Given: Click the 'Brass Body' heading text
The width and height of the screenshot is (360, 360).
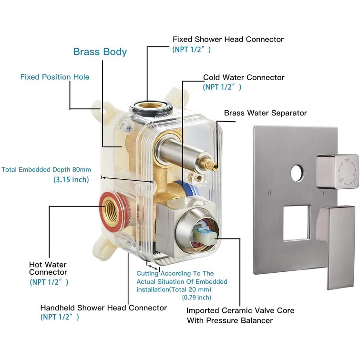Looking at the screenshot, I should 100,51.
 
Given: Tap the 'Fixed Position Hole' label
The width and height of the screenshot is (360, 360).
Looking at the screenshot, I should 54,77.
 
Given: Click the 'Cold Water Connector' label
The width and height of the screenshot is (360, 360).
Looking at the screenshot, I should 244,77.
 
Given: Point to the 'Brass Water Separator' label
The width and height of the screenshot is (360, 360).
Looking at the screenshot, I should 266,113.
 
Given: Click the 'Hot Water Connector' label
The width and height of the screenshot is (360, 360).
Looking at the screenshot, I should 48,268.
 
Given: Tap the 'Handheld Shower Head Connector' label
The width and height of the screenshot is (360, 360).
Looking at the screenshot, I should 103,308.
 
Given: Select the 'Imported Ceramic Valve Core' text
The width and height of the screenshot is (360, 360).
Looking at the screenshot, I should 240,311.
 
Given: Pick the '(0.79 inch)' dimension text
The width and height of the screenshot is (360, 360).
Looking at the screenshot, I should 196,297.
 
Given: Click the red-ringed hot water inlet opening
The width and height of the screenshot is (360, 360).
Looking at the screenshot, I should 114,210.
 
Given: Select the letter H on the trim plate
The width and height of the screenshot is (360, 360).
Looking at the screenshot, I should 270,193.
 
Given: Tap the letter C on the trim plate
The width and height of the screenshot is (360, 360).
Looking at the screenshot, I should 324,193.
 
